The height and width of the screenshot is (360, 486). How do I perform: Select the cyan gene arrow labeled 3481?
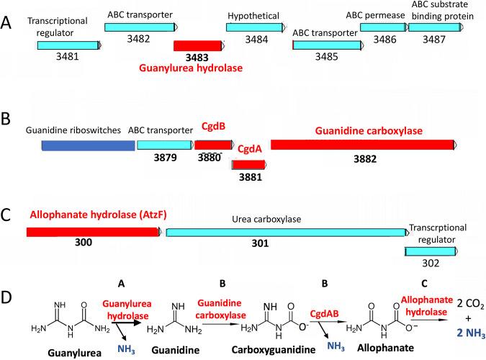(x=69, y=45)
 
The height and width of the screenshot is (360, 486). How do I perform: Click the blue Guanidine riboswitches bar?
(x=88, y=145)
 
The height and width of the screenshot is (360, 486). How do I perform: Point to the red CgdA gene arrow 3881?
(x=248, y=165)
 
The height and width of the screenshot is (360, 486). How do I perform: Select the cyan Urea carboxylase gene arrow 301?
(x=285, y=232)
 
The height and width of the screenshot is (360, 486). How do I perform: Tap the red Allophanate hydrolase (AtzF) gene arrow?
(x=94, y=232)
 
